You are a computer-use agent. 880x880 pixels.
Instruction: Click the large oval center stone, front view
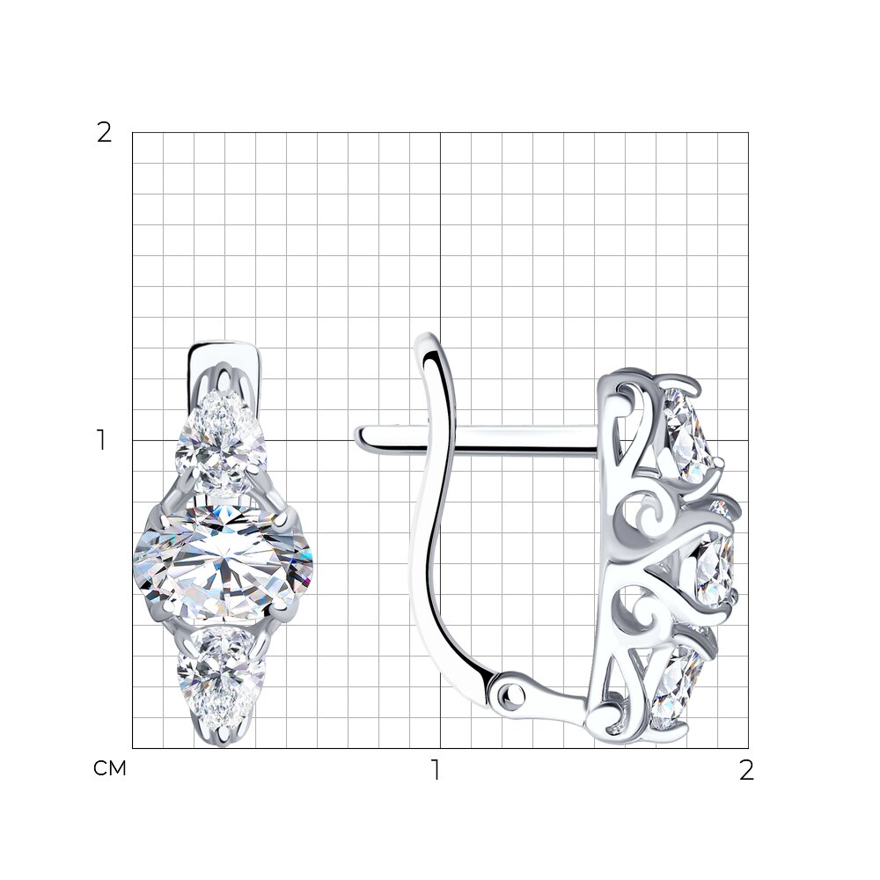(x=223, y=562)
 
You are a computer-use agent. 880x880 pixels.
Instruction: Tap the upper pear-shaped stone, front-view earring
(x=221, y=444)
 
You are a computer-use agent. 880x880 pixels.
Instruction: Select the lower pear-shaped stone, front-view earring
(x=221, y=681)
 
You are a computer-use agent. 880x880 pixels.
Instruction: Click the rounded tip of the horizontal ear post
(x=361, y=437)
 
